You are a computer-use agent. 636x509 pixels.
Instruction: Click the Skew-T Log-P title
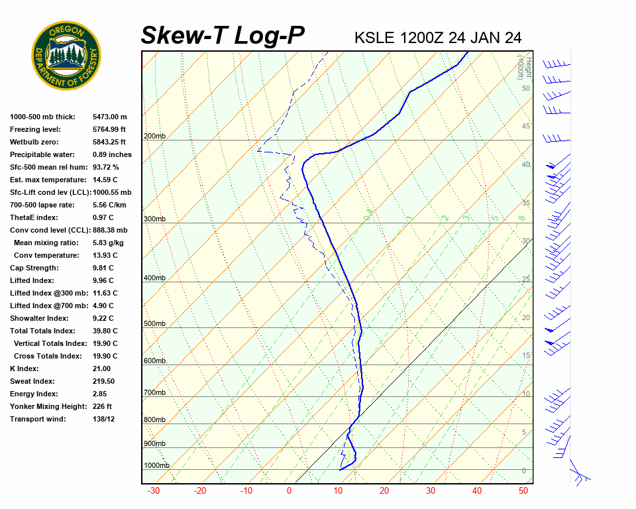click(223, 36)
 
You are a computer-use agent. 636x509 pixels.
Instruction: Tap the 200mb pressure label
click(154, 137)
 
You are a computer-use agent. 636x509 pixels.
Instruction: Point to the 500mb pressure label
click(154, 324)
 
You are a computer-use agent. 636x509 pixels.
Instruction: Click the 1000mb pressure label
click(156, 466)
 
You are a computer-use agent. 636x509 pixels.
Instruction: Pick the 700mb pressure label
click(154, 393)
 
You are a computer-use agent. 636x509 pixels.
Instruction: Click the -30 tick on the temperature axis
click(154, 491)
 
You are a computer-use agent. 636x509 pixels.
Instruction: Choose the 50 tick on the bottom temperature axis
click(523, 491)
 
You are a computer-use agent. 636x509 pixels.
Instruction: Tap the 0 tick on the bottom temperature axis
click(289, 491)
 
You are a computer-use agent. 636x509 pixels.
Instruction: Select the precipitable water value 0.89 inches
click(112, 154)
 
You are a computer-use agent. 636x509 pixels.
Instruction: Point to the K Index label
click(25, 368)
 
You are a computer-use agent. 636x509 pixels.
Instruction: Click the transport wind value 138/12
click(104, 419)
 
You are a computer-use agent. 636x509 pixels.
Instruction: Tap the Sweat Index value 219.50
click(104, 381)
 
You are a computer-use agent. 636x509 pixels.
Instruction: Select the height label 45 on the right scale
click(526, 127)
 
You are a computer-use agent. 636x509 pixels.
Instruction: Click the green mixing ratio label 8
click(521, 218)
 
